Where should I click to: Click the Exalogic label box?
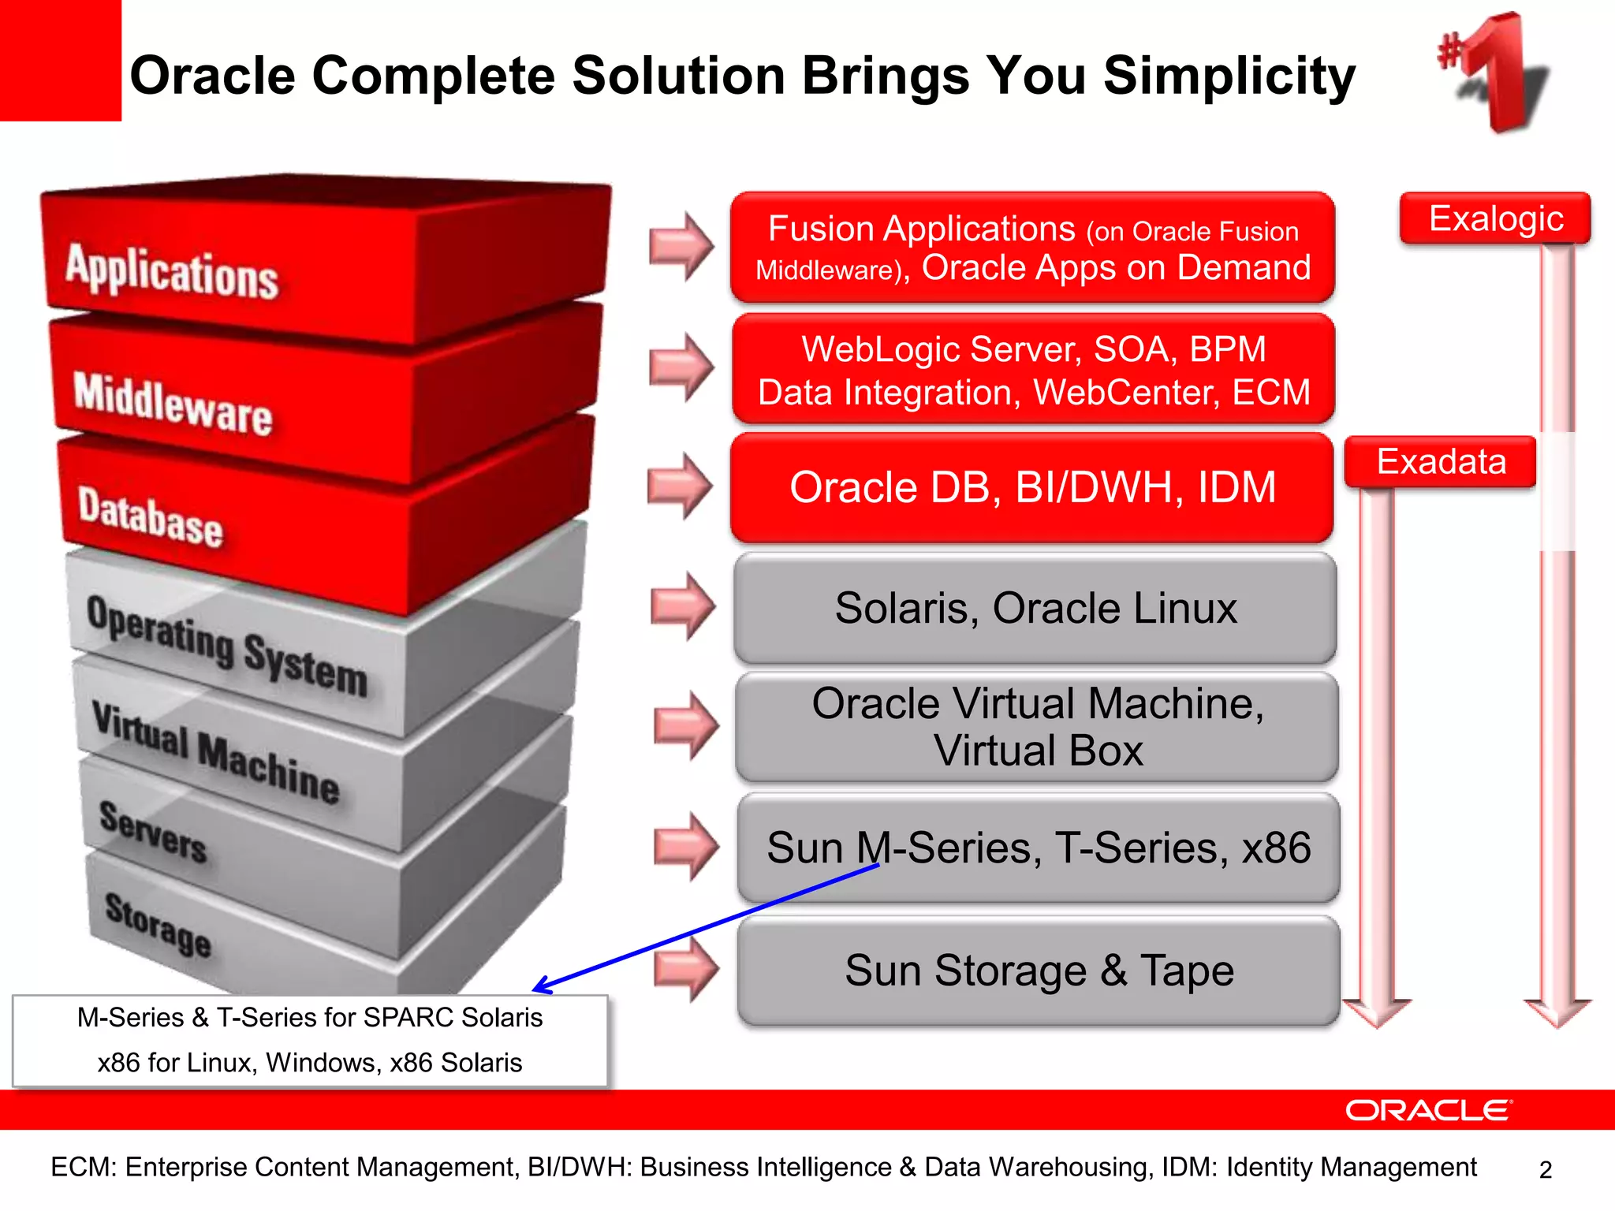tap(1495, 218)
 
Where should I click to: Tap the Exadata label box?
tap(1441, 462)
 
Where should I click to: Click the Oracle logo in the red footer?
tap(1428, 1110)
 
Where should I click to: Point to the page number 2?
tap(1545, 1170)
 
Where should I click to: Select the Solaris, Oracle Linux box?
tap(1035, 609)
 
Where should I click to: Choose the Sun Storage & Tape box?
tap(1039, 971)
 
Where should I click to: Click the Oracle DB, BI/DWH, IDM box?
tap(1031, 487)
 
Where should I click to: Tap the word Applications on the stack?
tap(172, 272)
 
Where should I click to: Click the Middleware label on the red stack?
tap(173, 404)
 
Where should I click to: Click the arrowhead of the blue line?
tap(539, 988)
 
